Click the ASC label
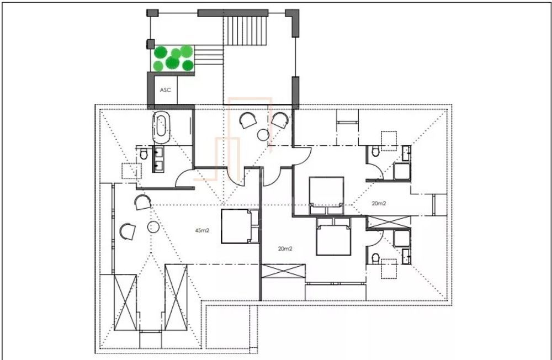click(164, 89)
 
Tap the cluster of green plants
click(173, 58)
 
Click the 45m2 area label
click(202, 230)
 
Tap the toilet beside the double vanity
click(144, 154)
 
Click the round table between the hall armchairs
click(263, 135)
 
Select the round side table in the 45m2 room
click(152, 226)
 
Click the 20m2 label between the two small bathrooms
click(378, 204)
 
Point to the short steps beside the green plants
click(208, 54)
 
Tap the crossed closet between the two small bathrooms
click(389, 221)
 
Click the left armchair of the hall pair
click(247, 120)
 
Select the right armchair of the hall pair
click(280, 120)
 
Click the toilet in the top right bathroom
click(375, 151)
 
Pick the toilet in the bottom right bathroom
click(375, 258)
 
